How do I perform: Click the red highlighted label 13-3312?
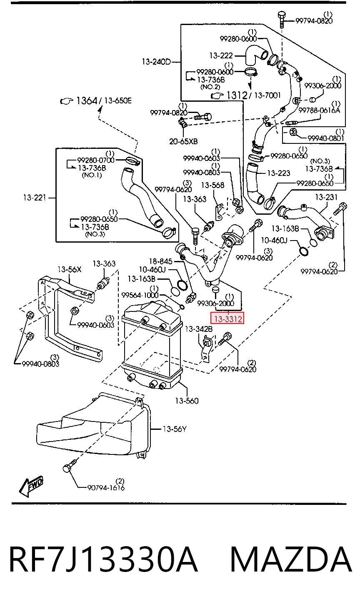click(x=227, y=319)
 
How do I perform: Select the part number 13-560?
click(x=187, y=401)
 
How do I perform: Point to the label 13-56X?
click(x=69, y=269)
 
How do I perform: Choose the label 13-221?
click(x=35, y=198)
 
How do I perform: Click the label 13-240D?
click(x=156, y=62)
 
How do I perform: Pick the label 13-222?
click(x=221, y=55)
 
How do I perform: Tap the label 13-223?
click(x=278, y=173)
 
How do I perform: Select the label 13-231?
click(x=326, y=197)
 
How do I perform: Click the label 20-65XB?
click(x=183, y=141)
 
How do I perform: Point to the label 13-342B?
click(x=199, y=329)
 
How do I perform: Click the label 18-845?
click(x=161, y=261)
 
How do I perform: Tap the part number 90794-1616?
click(x=106, y=488)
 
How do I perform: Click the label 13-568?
click(x=212, y=185)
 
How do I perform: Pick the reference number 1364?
click(x=87, y=101)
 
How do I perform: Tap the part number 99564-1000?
click(x=140, y=295)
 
